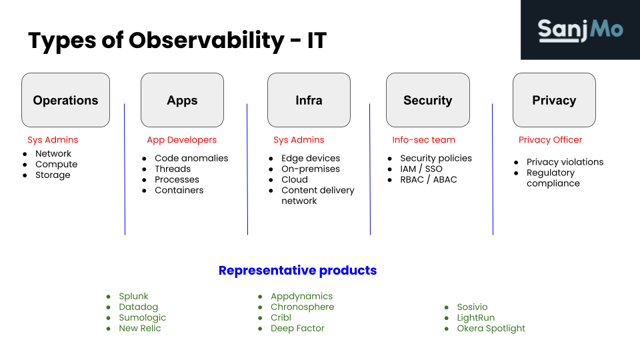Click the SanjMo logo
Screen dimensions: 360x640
[580, 30]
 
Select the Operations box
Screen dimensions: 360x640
[65, 100]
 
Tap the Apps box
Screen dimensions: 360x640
[182, 100]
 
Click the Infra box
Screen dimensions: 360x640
[309, 100]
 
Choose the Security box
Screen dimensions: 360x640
[427, 100]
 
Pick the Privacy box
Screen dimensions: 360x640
[554, 100]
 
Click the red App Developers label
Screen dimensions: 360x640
[181, 140]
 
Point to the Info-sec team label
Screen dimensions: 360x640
[423, 140]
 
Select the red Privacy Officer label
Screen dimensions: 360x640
[550, 140]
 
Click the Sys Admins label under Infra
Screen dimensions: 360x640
[299, 140]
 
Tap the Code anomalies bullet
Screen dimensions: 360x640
[191, 158]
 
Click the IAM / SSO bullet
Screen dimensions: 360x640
[421, 169]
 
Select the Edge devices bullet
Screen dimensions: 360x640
[311, 158]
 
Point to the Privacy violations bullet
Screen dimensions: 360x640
[565, 162]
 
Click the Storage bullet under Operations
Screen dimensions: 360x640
[53, 175]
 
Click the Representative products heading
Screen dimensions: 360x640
[297, 271]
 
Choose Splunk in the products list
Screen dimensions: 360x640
[133, 297]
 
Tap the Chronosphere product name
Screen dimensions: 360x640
[302, 307]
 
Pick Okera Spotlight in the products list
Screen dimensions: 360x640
[491, 329]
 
